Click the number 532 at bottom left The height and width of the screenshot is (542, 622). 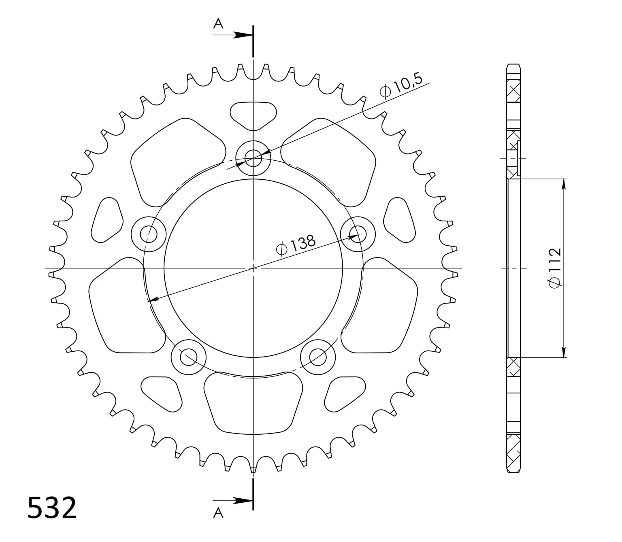(52, 508)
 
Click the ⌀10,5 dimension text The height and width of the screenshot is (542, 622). (401, 86)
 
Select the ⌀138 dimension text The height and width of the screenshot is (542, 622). (296, 245)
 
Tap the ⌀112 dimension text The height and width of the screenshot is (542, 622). (555, 268)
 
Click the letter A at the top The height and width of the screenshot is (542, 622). (218, 24)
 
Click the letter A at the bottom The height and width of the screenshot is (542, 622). (218, 513)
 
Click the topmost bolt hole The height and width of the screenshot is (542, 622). (253, 158)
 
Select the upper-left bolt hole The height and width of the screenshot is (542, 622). (149, 234)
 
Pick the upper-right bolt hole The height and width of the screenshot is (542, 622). (358, 234)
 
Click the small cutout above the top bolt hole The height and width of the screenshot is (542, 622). (253, 115)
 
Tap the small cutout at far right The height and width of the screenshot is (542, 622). (400, 221)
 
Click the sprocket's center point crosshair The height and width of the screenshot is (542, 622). (253, 268)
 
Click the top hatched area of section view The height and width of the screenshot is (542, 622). (513, 91)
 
